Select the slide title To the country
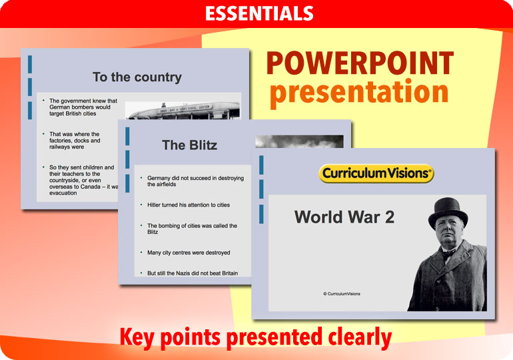(x=137, y=77)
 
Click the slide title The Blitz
(x=189, y=145)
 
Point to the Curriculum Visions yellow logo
(x=376, y=174)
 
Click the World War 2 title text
(x=344, y=217)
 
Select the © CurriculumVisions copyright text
(x=342, y=293)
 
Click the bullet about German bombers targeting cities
(x=83, y=107)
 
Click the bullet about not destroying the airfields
(x=195, y=181)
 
